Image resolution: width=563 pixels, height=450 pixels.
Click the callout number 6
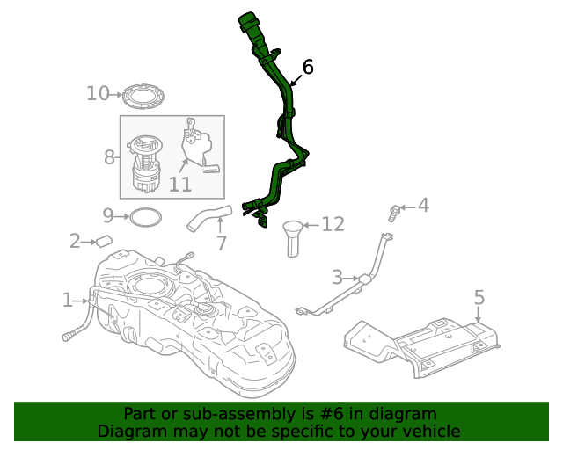(x=308, y=67)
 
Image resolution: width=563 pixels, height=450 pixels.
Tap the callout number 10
(x=98, y=93)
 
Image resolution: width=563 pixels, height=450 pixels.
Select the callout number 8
(x=110, y=157)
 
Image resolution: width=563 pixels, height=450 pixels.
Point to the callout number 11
(x=179, y=184)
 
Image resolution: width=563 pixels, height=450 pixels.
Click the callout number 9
(x=108, y=214)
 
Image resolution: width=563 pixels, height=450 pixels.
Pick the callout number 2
(x=76, y=240)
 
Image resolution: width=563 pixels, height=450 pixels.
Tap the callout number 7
(x=221, y=243)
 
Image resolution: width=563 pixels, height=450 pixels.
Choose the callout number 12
(x=333, y=225)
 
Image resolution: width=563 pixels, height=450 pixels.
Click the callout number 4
(x=423, y=206)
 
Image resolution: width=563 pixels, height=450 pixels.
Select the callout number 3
(x=337, y=278)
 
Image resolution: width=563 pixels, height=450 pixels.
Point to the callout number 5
(x=479, y=297)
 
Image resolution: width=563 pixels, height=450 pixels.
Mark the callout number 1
(x=68, y=301)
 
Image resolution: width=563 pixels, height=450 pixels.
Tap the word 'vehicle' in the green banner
(x=430, y=431)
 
